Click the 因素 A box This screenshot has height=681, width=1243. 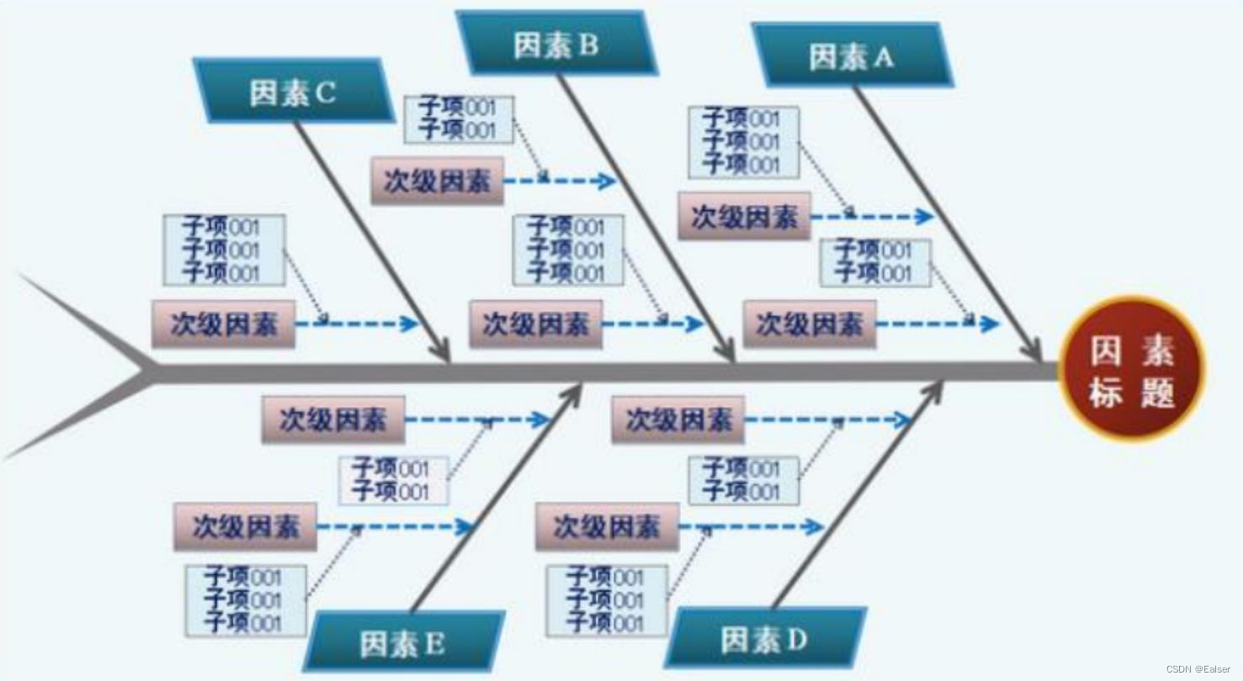852,56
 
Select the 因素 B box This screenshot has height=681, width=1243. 556,45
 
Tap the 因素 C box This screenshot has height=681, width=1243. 293,92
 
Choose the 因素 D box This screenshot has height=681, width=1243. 764,639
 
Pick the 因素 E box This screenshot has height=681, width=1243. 403,644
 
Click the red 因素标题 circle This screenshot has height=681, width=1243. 1131,369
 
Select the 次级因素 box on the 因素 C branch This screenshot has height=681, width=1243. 224,325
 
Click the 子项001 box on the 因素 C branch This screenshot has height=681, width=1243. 224,251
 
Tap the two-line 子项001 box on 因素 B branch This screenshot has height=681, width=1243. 459,119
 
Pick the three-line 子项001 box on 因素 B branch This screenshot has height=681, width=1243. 569,251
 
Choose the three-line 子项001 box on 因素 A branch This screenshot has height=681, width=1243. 743,142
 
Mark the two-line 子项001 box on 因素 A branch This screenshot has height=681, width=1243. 875,263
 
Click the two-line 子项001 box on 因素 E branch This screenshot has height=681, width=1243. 393,480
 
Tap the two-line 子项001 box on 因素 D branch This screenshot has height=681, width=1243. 743,480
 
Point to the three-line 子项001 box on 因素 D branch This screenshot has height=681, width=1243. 607,600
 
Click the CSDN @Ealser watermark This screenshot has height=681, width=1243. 1200,669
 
